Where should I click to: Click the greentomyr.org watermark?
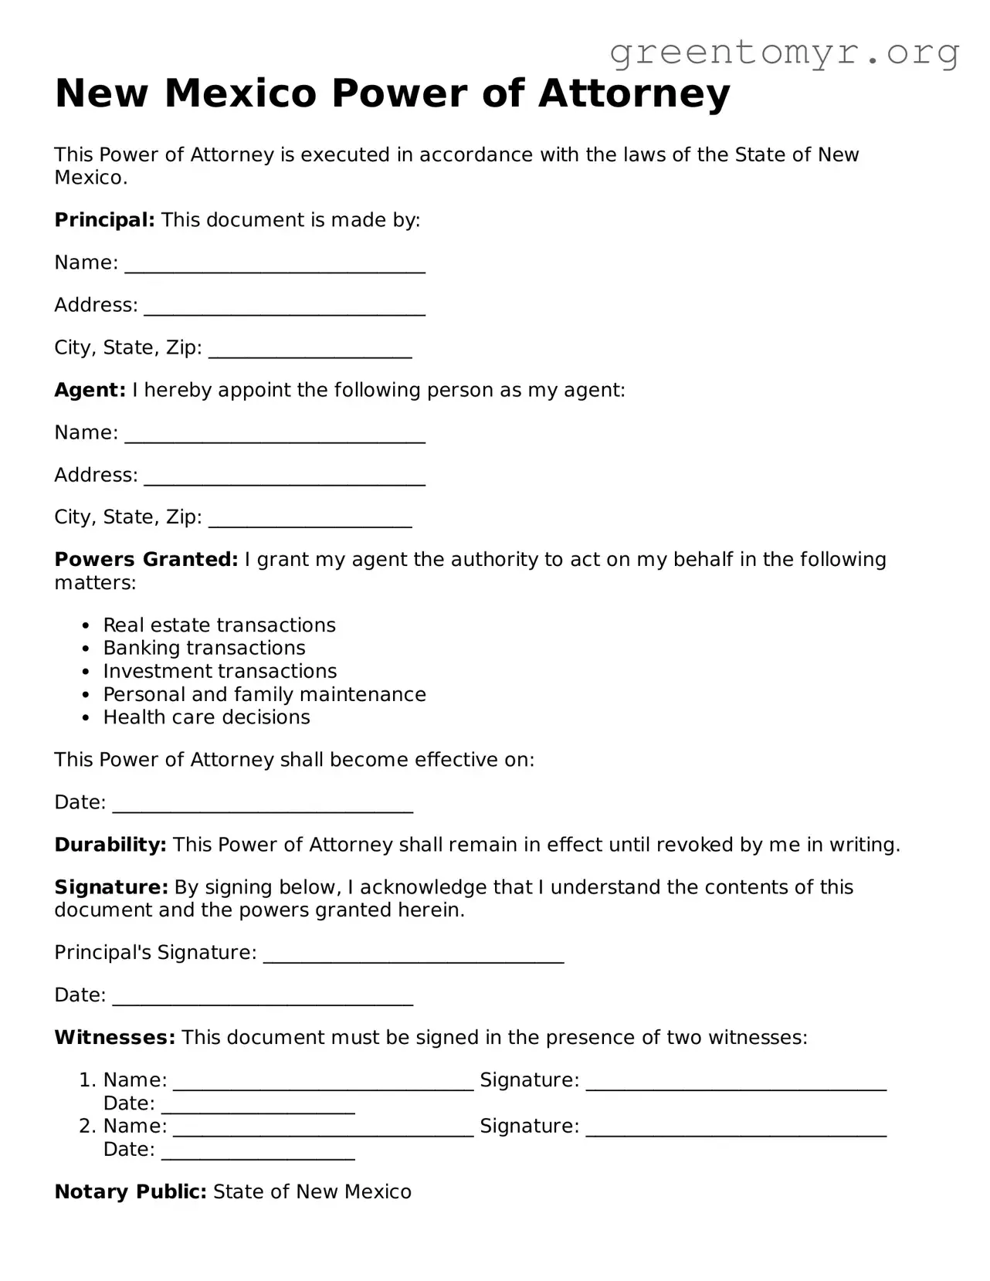pyautogui.click(x=784, y=53)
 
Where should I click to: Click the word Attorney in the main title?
pyautogui.click(x=633, y=93)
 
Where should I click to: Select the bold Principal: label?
pyautogui.click(x=104, y=220)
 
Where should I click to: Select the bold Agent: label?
pyautogui.click(x=90, y=390)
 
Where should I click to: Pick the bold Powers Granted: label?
pyautogui.click(x=146, y=559)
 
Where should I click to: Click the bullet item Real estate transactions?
pyautogui.click(x=219, y=625)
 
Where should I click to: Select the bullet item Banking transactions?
pyautogui.click(x=204, y=648)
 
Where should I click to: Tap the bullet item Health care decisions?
pyautogui.click(x=206, y=717)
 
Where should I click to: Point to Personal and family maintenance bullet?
pyautogui.click(x=264, y=694)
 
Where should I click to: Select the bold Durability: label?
pyautogui.click(x=110, y=845)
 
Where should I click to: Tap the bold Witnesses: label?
pyautogui.click(x=115, y=1037)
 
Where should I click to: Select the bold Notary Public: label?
pyautogui.click(x=131, y=1191)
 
